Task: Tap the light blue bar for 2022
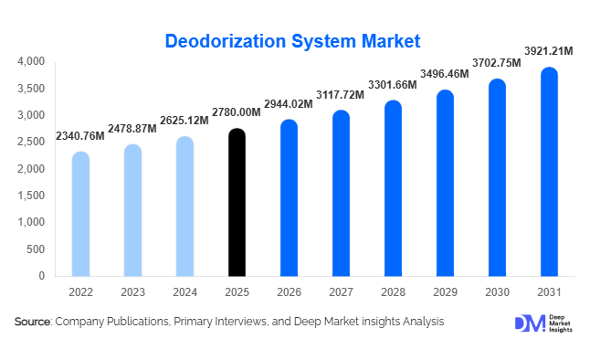pyautogui.click(x=80, y=214)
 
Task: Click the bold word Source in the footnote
pyautogui.click(x=32, y=322)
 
